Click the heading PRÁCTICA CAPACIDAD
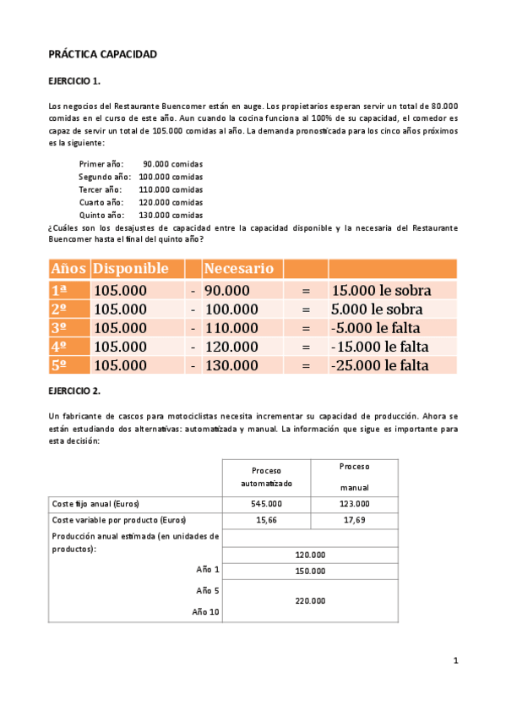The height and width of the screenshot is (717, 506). pos(103,54)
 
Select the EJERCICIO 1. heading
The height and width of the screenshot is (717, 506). pos(75,81)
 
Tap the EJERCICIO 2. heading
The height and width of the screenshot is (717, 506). pos(75,391)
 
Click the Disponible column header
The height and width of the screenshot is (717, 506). pos(131,269)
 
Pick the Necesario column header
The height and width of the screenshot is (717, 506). pos(239,269)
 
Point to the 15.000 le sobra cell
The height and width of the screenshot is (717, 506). pos(382,290)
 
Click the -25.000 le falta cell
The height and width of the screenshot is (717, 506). pos(380,365)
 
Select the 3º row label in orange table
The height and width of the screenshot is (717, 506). pos(59,328)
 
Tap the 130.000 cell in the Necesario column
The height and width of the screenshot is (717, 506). pos(231,365)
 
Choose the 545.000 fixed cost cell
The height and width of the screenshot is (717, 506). pos(266,503)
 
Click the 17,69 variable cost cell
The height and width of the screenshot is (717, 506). pos(354,519)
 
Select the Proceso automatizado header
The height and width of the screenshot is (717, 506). pos(266,477)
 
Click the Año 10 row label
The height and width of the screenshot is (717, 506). pos(205,611)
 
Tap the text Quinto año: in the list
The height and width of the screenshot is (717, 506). pos(101,215)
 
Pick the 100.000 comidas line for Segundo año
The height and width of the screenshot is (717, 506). pos(171,177)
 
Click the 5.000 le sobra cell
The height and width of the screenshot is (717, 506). pos(377,309)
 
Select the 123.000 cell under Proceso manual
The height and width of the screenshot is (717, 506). pos(354,503)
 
